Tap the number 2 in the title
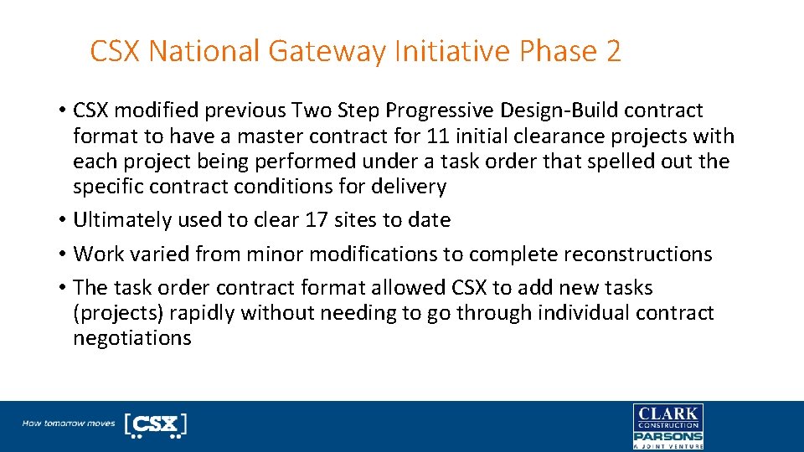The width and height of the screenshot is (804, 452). pyautogui.click(x=612, y=52)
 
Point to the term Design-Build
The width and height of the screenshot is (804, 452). pyautogui.click(x=566, y=110)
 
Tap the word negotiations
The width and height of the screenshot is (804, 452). pyautogui.click(x=132, y=338)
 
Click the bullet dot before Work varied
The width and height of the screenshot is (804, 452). pyautogui.click(x=63, y=254)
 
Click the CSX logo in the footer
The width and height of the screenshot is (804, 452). pyautogui.click(x=155, y=425)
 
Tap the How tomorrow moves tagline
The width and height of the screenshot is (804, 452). pyautogui.click(x=69, y=424)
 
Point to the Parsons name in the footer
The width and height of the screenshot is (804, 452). pyautogui.click(x=667, y=436)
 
